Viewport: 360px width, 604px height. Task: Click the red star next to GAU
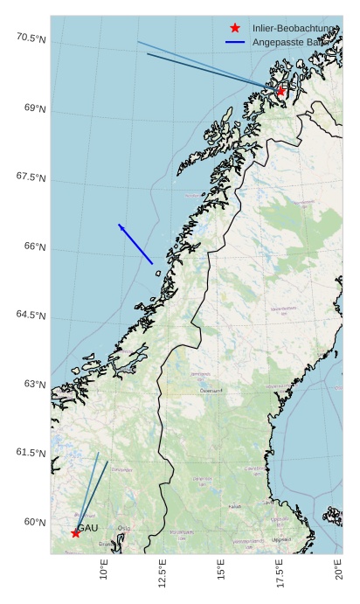tap(76, 532)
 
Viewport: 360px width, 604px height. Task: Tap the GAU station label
tap(87, 528)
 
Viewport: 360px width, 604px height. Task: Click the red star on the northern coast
tap(280, 91)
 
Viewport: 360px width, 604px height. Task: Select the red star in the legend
tap(235, 28)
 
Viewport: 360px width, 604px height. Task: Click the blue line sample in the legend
tap(235, 42)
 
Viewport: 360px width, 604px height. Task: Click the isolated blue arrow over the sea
tap(135, 244)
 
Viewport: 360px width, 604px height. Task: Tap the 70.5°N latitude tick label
tap(31, 38)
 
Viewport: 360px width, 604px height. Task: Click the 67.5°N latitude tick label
tap(31, 177)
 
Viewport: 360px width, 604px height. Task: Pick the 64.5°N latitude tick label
tap(31, 315)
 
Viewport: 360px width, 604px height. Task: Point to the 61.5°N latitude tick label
tap(31, 453)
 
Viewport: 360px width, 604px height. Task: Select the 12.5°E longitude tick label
tap(163, 575)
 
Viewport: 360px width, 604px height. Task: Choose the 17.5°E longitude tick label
tap(280, 575)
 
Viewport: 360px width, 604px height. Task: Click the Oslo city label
tap(124, 528)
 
